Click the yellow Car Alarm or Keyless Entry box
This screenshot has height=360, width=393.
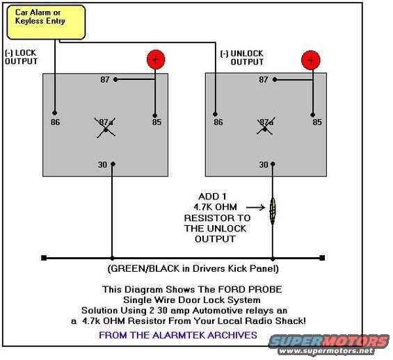(x=46, y=22)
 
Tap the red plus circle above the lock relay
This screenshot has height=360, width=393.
(x=156, y=60)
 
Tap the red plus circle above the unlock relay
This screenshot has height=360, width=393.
(x=311, y=60)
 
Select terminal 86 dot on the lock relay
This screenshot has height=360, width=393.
(x=55, y=113)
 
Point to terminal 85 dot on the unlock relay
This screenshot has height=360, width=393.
(x=312, y=115)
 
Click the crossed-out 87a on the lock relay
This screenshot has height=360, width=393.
(x=106, y=127)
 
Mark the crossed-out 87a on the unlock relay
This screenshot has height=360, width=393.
(x=266, y=126)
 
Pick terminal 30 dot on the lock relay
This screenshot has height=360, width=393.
(x=113, y=164)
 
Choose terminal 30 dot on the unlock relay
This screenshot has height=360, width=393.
(x=273, y=164)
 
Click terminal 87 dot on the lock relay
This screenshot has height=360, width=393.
(x=115, y=80)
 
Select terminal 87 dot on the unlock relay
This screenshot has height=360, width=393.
(x=275, y=80)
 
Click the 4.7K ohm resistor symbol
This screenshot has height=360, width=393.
(x=273, y=210)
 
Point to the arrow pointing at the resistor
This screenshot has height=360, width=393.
(x=255, y=207)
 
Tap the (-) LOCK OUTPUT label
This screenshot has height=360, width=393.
(x=21, y=57)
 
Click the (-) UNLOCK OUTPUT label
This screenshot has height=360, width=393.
(x=242, y=58)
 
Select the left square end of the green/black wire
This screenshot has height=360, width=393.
(x=44, y=258)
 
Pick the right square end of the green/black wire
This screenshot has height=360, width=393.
(x=322, y=258)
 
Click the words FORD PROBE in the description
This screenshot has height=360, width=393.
(x=250, y=289)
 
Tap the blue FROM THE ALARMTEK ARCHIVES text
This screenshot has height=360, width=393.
(x=178, y=335)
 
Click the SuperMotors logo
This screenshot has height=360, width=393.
(x=328, y=345)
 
